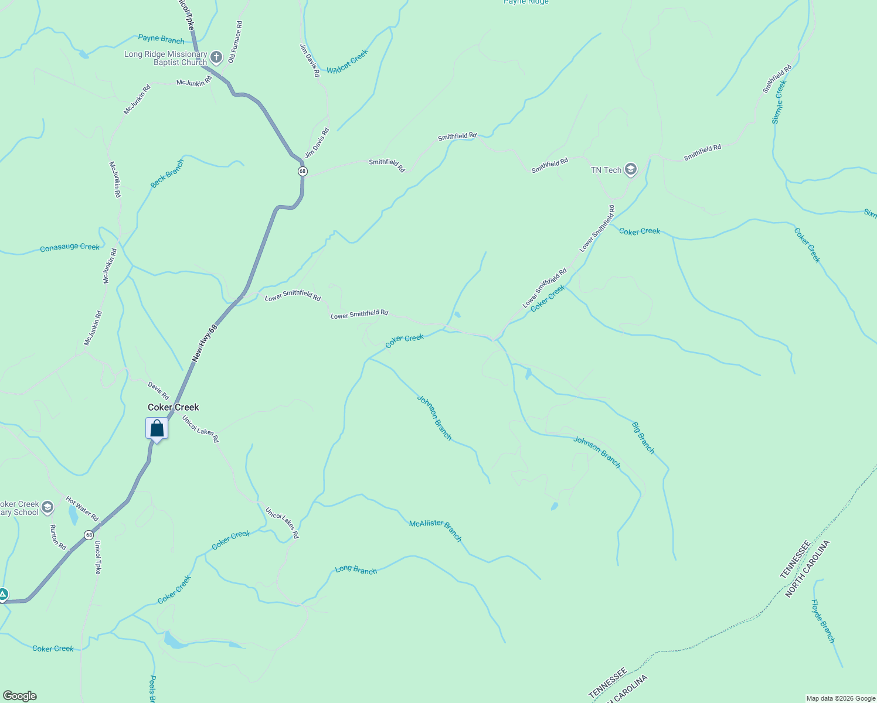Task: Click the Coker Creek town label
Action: tap(173, 407)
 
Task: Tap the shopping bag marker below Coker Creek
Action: tap(157, 429)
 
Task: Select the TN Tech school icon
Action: tap(631, 170)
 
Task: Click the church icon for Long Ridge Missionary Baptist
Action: tap(216, 57)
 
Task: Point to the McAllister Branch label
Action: tap(436, 531)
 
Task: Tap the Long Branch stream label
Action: tap(356, 569)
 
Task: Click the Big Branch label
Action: tap(643, 438)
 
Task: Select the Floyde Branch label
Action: tap(822, 621)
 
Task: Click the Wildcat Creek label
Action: tap(348, 62)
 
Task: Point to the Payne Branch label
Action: tap(161, 39)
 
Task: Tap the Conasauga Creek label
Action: tap(70, 248)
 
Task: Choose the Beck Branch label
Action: tap(167, 174)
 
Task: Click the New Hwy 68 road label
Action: tap(205, 343)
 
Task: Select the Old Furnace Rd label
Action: tap(236, 42)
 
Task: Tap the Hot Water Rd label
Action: tap(82, 509)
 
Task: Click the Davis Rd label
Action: tap(158, 391)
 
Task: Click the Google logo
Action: tap(19, 696)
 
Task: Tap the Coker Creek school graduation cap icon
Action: tap(47, 507)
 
